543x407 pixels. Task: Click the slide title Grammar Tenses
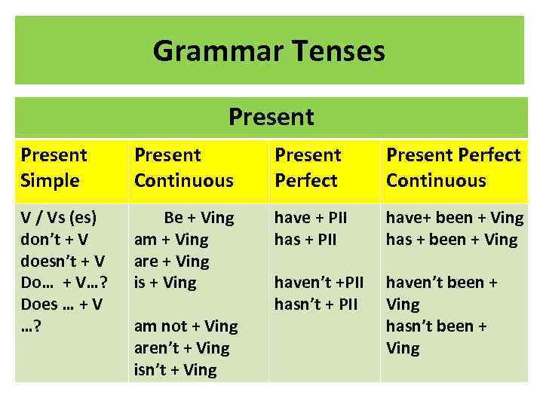[268, 51]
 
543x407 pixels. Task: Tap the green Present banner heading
[271, 117]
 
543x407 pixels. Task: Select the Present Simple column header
[54, 167]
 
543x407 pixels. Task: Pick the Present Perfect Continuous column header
[453, 167]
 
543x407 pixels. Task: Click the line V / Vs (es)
[59, 218]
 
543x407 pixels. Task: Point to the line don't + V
[54, 240]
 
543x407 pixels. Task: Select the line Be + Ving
[199, 218]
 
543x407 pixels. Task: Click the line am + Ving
[171, 240]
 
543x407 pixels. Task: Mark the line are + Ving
[171, 262]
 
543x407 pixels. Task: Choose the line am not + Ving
[186, 326]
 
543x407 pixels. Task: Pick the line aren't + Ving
[181, 348]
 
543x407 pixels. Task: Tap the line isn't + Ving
[175, 370]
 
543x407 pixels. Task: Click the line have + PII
[311, 218]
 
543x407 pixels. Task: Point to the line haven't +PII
[319, 283]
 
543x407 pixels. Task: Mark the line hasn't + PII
[315, 304]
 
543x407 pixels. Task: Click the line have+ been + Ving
[455, 218]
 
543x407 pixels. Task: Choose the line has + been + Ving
[452, 240]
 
